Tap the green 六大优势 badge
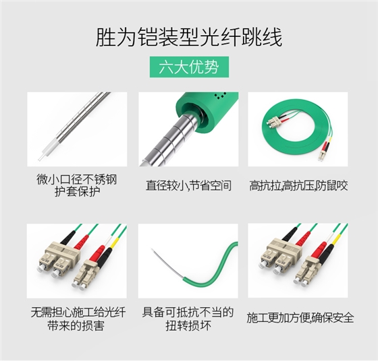coord(188,68)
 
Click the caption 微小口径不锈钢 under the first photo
coord(76,180)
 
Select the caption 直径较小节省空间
coord(188,185)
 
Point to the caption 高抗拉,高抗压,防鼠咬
coord(298,185)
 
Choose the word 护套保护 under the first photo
coord(76,192)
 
